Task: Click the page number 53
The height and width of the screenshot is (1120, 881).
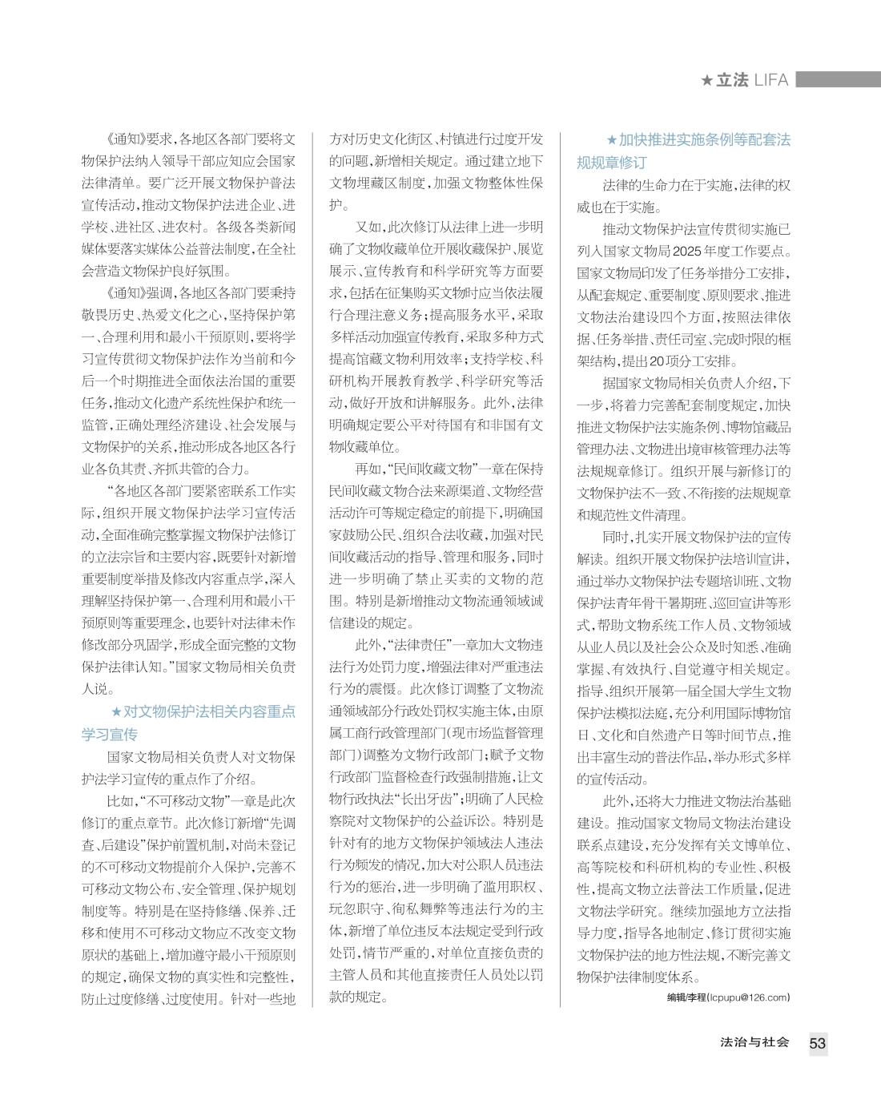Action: click(x=817, y=1042)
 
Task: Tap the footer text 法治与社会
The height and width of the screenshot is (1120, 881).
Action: click(x=754, y=1042)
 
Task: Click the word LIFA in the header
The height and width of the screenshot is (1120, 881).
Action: click(x=770, y=80)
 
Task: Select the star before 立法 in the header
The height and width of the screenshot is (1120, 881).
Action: click(x=706, y=80)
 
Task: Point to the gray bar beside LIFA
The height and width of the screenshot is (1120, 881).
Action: click(x=837, y=79)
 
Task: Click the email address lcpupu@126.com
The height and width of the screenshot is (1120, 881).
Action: click(x=749, y=997)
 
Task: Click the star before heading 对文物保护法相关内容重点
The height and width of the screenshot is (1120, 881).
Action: click(x=116, y=711)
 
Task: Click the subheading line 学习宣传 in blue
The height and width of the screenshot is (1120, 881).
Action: click(x=110, y=734)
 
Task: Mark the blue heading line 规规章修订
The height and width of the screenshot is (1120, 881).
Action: click(x=611, y=163)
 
